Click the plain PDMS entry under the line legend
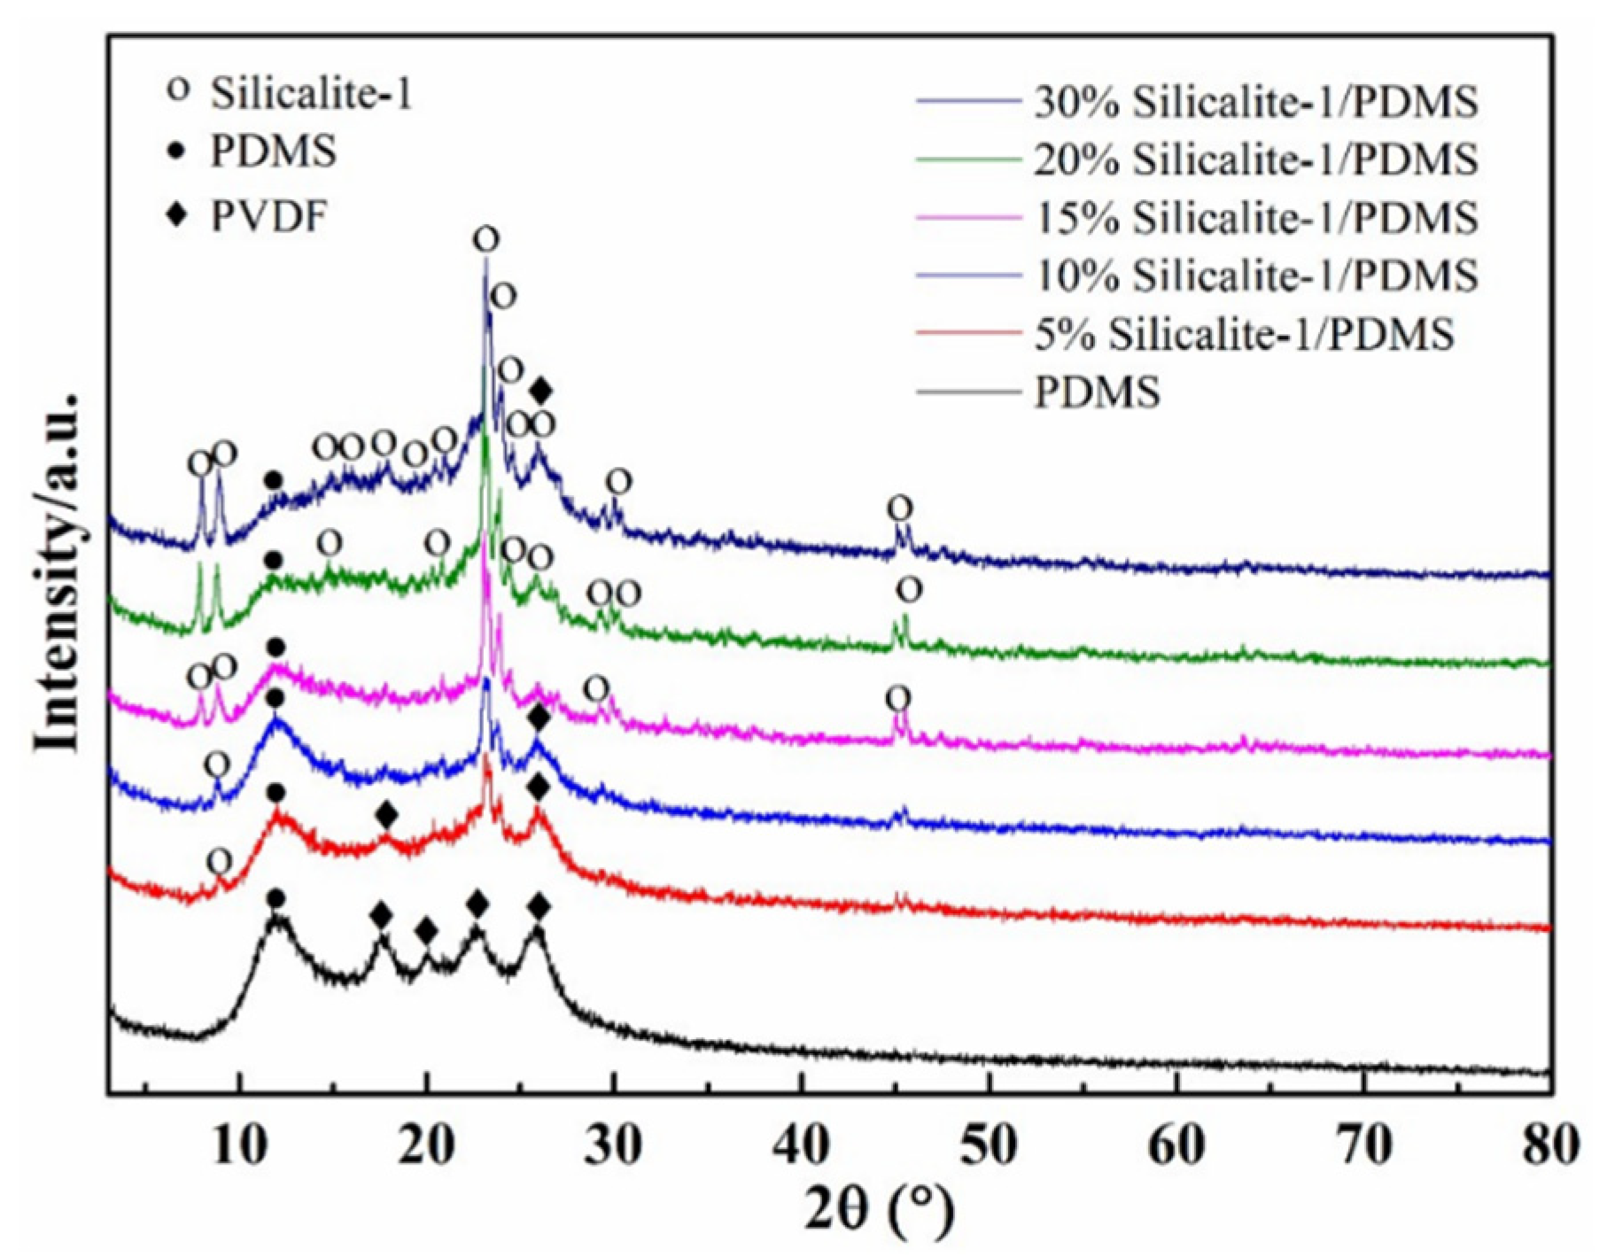coord(1097,392)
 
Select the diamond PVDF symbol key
coord(179,214)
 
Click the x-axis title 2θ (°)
coord(880,1211)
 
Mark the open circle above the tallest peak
coord(485,239)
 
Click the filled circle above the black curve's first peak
coord(276,898)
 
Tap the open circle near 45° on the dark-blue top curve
coord(900,508)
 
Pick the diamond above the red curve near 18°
coord(385,814)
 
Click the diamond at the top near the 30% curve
coord(541,390)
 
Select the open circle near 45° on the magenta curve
coord(898,698)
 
